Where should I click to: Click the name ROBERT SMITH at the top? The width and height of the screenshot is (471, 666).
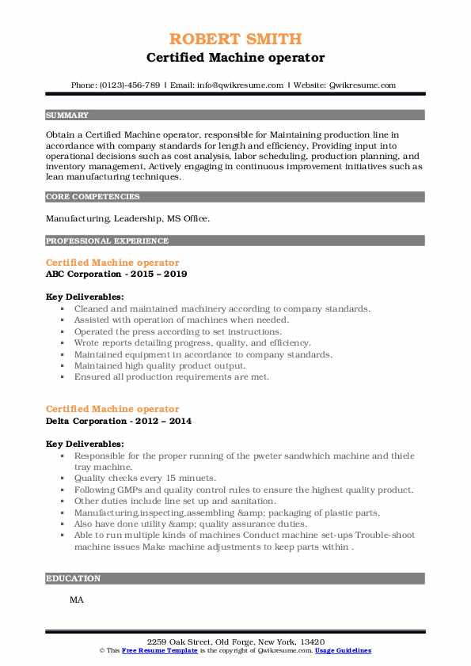pos(235,39)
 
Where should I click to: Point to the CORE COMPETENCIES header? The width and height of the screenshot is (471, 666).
pos(93,197)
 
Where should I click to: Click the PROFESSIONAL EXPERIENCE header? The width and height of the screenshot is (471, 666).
pos(107,240)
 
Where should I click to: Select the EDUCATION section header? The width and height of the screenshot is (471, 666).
pos(74,578)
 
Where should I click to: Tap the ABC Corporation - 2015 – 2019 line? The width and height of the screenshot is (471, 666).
pos(116,274)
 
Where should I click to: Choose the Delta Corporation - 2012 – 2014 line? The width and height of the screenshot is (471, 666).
pos(119,421)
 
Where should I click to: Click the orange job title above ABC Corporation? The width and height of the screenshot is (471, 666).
pos(112,263)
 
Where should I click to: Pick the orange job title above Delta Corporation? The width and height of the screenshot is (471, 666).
pos(112,409)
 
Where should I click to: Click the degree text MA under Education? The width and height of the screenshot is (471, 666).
pos(77,600)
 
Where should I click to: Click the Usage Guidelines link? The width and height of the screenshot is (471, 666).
pos(343,649)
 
